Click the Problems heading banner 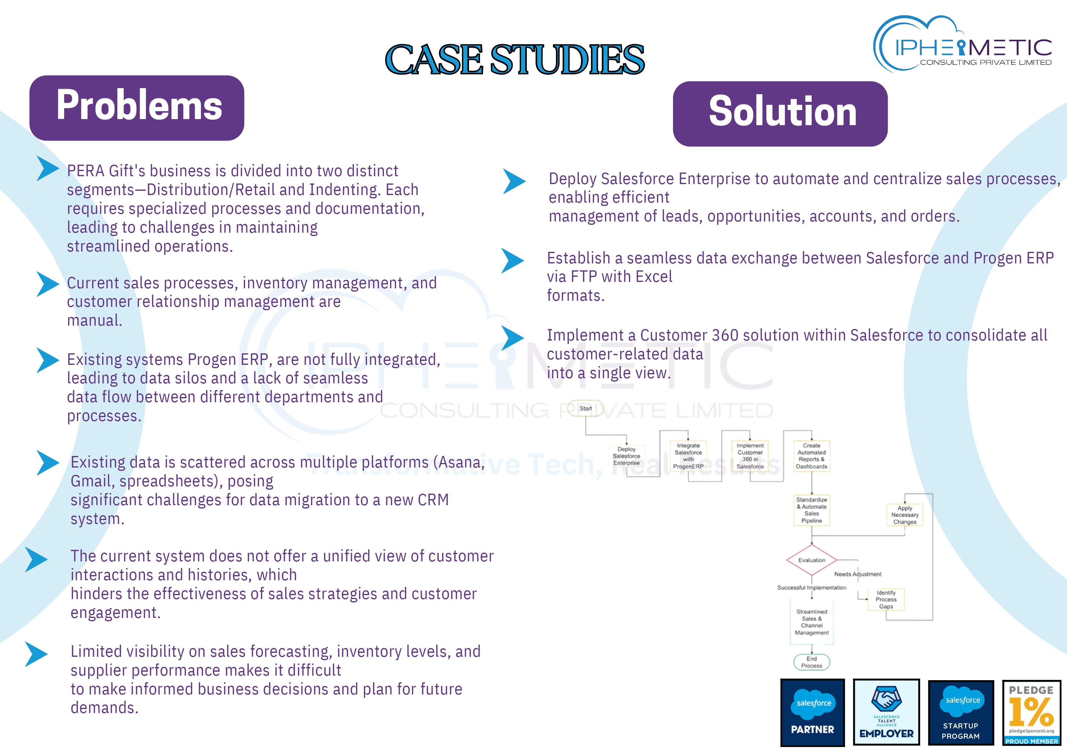136,108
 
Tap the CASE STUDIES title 514,60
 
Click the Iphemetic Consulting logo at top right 963,45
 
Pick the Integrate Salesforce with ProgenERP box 688,456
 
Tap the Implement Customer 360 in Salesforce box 750,456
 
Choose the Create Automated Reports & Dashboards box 811,456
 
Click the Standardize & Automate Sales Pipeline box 811,510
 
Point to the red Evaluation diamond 811,560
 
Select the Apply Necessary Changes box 904,515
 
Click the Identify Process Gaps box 886,599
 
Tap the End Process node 811,662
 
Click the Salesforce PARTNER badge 812,712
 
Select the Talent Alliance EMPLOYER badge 886,712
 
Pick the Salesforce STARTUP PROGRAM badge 961,712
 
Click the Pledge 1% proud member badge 1031,712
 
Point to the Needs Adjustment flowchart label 858,574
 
